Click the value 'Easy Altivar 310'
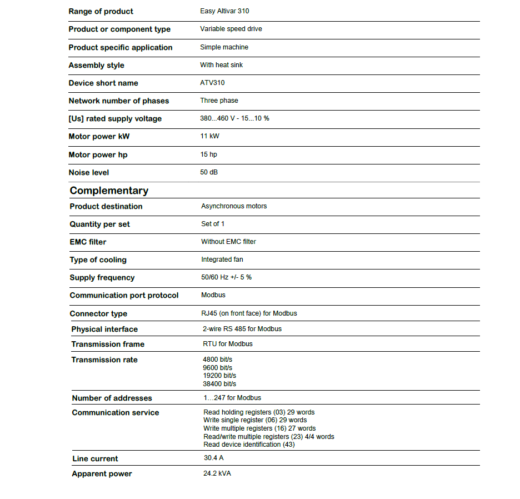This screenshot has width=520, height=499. pyautogui.click(x=225, y=11)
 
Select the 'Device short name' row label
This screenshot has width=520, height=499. pyautogui.click(x=103, y=83)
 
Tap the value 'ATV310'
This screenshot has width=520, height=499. pyautogui.click(x=212, y=83)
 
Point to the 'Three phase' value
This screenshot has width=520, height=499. pyautogui.click(x=219, y=101)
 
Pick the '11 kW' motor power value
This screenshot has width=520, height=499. pyautogui.click(x=210, y=136)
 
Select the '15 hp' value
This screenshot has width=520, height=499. pyautogui.click(x=209, y=154)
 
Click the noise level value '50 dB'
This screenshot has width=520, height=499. pyautogui.click(x=209, y=172)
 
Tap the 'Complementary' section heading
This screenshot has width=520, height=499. pyautogui.click(x=109, y=191)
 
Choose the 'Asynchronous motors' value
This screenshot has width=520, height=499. pyautogui.click(x=234, y=206)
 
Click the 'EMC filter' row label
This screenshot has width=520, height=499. pyautogui.click(x=88, y=242)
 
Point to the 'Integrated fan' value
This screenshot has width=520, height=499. pyautogui.click(x=222, y=260)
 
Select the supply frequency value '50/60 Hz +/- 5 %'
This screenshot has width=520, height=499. pyautogui.click(x=226, y=277)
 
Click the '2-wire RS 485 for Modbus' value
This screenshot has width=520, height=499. pyautogui.click(x=242, y=329)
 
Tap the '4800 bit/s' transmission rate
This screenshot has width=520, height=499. pyautogui.click(x=218, y=360)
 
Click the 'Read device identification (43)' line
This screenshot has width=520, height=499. pyautogui.click(x=249, y=445)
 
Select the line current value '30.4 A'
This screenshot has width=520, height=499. pyautogui.click(x=214, y=458)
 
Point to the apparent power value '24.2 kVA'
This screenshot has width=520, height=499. pyautogui.click(x=217, y=473)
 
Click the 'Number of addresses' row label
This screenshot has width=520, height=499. pyautogui.click(x=112, y=398)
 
